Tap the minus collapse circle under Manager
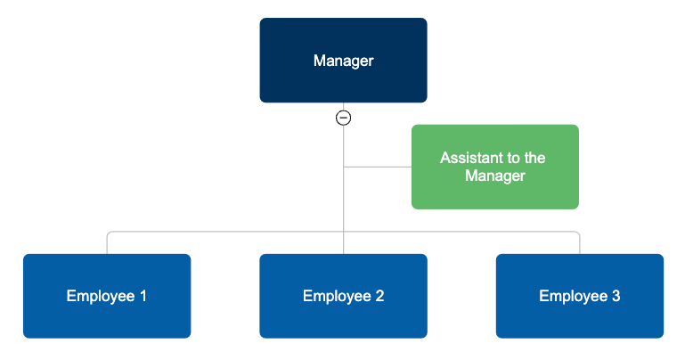point(343,118)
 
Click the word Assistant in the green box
point(471,158)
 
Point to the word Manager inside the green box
point(494,176)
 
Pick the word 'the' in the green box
point(534,158)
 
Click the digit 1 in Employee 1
point(143,296)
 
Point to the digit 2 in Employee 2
point(379,296)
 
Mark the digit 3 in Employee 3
point(616,296)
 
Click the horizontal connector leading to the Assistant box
point(378,167)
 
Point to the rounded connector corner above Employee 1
point(110,233)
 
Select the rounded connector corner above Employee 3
point(577,233)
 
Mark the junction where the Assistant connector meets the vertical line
point(343,167)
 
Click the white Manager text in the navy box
point(343,61)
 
